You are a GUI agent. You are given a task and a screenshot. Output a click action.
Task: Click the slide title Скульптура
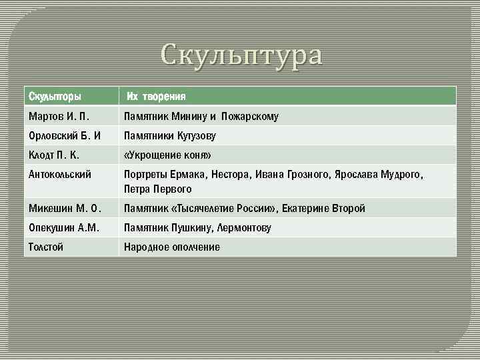pyautogui.click(x=241, y=55)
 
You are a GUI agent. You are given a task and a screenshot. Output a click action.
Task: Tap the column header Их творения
pyautogui.click(x=157, y=97)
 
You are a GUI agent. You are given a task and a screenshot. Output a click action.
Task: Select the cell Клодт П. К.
pyautogui.click(x=54, y=155)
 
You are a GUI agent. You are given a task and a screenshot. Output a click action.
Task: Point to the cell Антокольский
pyautogui.click(x=59, y=175)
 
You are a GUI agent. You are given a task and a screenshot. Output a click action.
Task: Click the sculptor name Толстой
pyautogui.click(x=47, y=247)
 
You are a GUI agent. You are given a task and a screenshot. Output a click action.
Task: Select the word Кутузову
pyautogui.click(x=196, y=136)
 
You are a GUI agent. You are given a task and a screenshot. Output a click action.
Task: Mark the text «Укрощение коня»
pyautogui.click(x=167, y=155)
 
